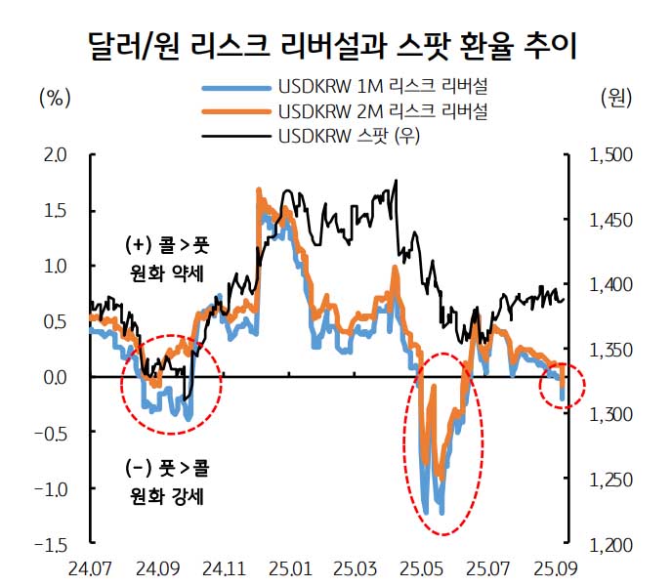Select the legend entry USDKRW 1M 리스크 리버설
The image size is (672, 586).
pyautogui.click(x=383, y=89)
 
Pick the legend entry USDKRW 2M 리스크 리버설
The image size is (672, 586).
pyautogui.click(x=383, y=112)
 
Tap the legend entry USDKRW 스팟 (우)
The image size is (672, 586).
pyautogui.click(x=349, y=136)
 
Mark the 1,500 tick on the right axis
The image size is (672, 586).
pyautogui.click(x=611, y=154)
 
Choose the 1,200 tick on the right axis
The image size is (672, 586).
pyautogui.click(x=611, y=545)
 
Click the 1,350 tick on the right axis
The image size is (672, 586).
pyautogui.click(x=611, y=350)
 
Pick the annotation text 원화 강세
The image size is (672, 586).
pyautogui.click(x=164, y=496)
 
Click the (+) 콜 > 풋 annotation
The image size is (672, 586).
pyautogui.click(x=164, y=244)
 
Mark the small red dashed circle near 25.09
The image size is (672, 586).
pyautogui.click(x=562, y=387)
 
